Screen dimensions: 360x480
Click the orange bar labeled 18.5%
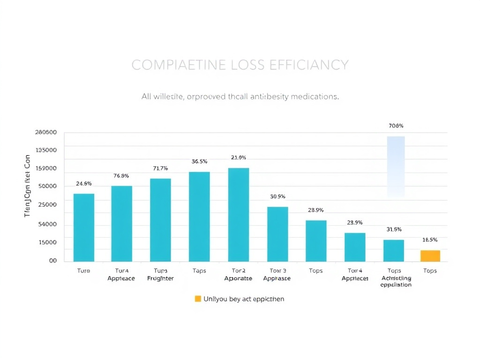pos(430,256)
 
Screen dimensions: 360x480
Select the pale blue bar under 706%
pos(396,166)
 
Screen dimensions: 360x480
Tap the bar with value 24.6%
pos(84,227)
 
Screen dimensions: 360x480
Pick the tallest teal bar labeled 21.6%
pos(239,215)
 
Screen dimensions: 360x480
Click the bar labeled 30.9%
pos(277,234)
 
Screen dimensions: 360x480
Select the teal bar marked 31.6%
pos(394,250)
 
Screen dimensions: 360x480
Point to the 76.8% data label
pos(121,176)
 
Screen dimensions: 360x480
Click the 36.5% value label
pos(199,161)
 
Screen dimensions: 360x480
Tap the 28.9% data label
pos(316,210)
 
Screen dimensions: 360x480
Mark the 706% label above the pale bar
pos(396,126)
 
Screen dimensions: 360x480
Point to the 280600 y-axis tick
pos(46,132)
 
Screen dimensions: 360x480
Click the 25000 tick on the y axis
pos(47,204)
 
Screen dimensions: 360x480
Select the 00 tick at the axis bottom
pos(53,261)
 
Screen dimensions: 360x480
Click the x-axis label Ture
pos(83,270)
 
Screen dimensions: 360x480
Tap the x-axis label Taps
pos(199,270)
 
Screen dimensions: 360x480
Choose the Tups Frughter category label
pos(160,274)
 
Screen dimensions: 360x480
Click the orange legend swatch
pos(197,299)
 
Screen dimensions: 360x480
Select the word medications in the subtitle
pos(314,97)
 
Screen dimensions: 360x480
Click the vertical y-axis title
pos(27,186)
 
